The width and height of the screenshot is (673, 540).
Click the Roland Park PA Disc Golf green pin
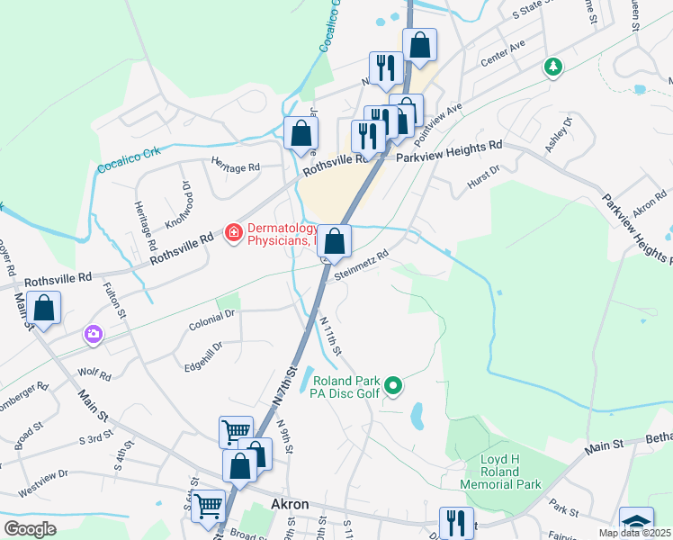[392, 388]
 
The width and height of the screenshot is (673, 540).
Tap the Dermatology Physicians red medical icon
[233, 233]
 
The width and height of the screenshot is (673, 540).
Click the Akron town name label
[291, 504]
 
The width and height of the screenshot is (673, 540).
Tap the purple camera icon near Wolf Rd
[94, 335]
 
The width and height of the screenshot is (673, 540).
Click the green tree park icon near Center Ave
[552, 67]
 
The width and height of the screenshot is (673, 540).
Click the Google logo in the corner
[30, 529]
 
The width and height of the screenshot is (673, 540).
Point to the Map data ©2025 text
[633, 533]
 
